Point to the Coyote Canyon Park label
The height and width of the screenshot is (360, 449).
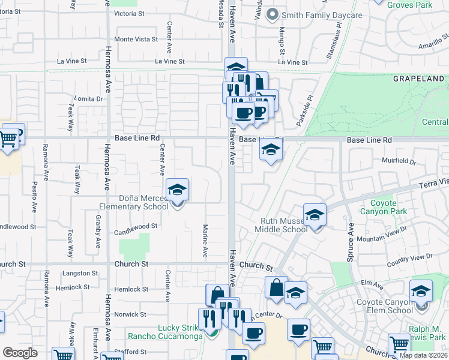pyautogui.click(x=384, y=207)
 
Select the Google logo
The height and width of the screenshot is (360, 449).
pyautogui.click(x=20, y=353)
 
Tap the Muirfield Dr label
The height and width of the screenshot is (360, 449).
pyautogui.click(x=399, y=161)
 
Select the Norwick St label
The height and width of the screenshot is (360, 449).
pyautogui.click(x=126, y=314)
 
